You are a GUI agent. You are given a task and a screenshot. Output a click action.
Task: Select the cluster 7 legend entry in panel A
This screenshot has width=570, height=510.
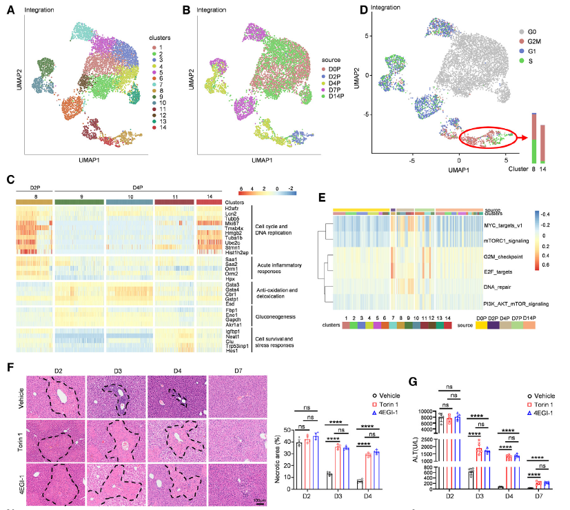(160, 90)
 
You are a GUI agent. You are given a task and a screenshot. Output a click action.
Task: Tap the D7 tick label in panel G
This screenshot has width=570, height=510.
(541, 496)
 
